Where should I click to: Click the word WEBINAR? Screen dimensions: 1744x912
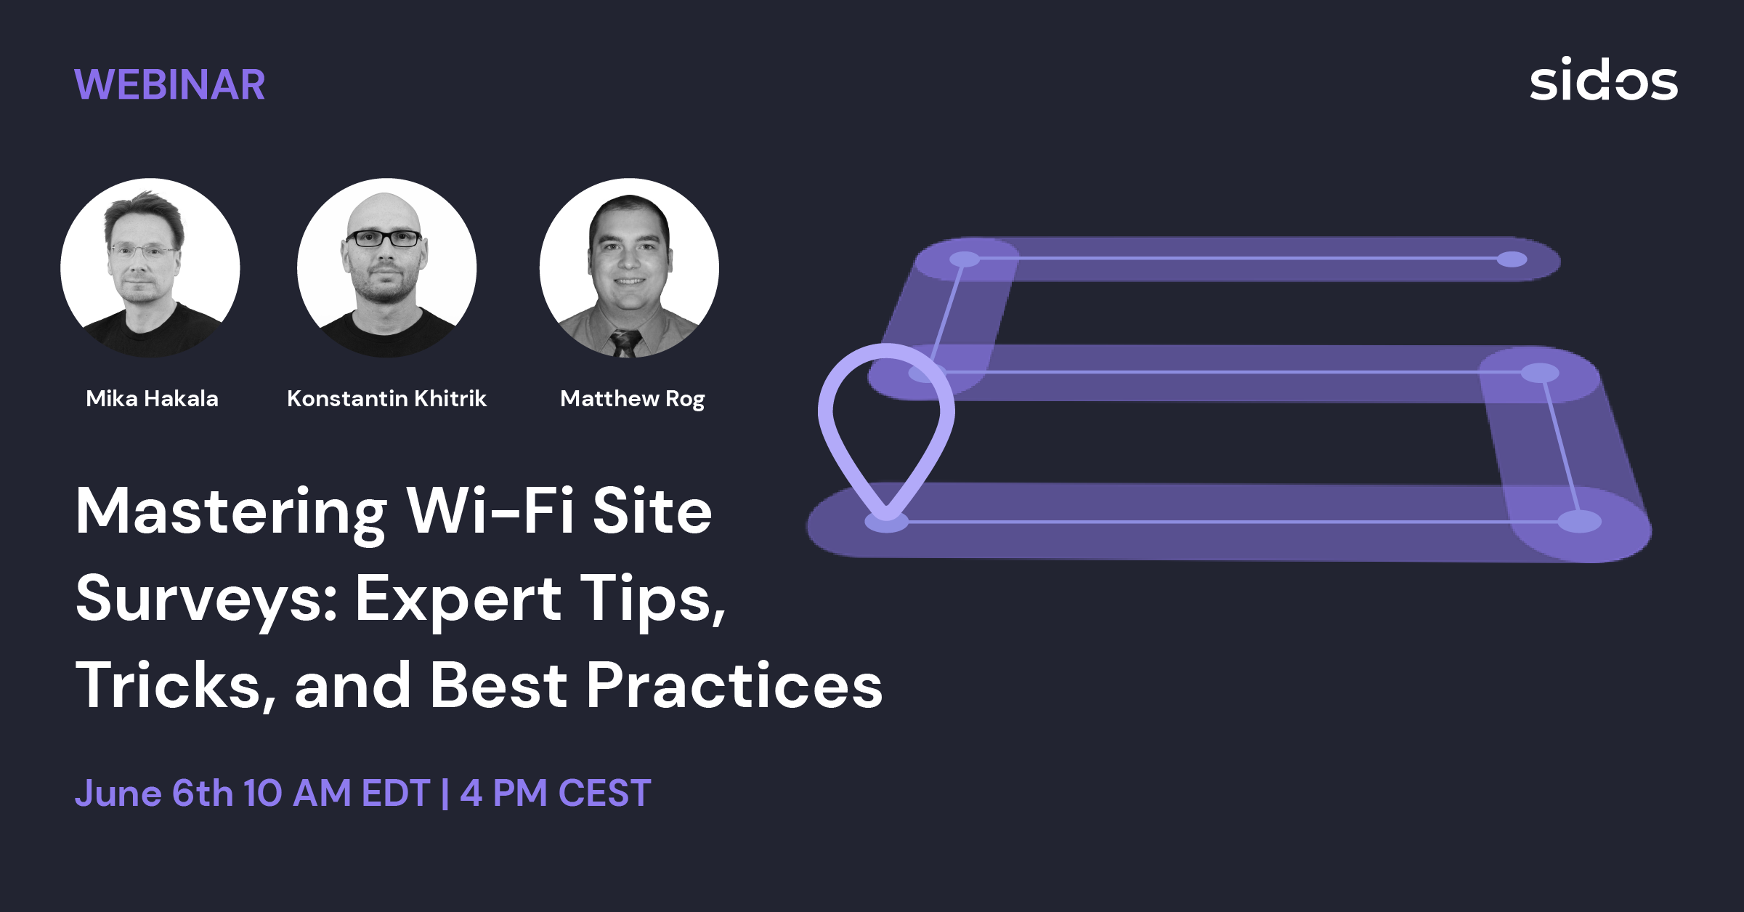(x=170, y=84)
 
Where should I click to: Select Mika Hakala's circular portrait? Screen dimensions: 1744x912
(x=150, y=267)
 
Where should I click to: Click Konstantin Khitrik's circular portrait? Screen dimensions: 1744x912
(x=387, y=267)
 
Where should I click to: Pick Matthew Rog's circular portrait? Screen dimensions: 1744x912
(x=630, y=267)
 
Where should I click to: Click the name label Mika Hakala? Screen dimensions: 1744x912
(x=152, y=398)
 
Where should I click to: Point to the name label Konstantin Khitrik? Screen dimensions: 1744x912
(x=386, y=398)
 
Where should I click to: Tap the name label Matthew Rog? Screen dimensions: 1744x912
(x=633, y=399)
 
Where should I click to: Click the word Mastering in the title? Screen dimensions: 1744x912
(x=232, y=513)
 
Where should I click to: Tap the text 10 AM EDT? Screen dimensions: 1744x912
(x=337, y=793)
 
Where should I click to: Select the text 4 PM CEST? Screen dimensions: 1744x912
(x=556, y=793)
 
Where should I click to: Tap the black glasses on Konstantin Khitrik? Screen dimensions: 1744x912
(x=384, y=238)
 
